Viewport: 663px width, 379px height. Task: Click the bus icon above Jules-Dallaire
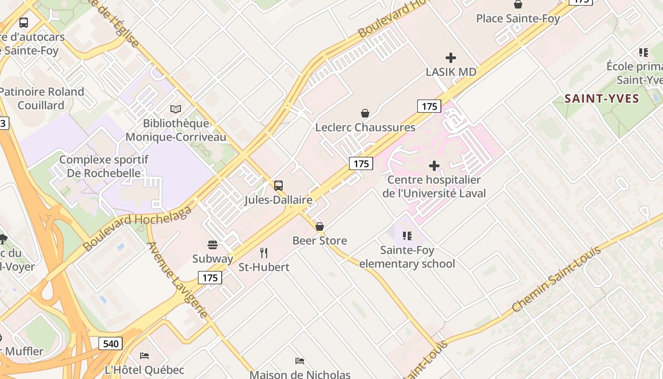click(278, 186)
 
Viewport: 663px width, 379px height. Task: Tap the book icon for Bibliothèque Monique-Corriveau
click(176, 109)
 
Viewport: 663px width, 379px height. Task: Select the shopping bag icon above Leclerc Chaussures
click(365, 113)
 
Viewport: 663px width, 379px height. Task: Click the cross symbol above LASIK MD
click(451, 58)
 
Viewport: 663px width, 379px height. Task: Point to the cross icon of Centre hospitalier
click(434, 166)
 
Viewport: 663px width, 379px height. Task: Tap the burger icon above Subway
click(213, 245)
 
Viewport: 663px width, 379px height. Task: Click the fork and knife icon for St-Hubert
click(264, 253)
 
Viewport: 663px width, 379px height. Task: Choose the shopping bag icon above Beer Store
click(320, 226)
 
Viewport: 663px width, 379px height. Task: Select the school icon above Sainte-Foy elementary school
click(407, 235)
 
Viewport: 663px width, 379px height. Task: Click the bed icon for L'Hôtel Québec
click(144, 355)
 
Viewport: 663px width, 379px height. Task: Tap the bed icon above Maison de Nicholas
click(300, 361)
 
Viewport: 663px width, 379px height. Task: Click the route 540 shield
click(111, 343)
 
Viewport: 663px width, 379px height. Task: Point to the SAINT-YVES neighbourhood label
click(602, 99)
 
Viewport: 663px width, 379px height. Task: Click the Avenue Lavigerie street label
click(178, 280)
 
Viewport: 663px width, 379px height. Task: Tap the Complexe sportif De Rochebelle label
click(104, 166)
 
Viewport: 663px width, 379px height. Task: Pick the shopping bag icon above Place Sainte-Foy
click(518, 5)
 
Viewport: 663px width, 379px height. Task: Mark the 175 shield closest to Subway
click(210, 278)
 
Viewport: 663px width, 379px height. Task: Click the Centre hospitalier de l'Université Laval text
click(434, 187)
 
